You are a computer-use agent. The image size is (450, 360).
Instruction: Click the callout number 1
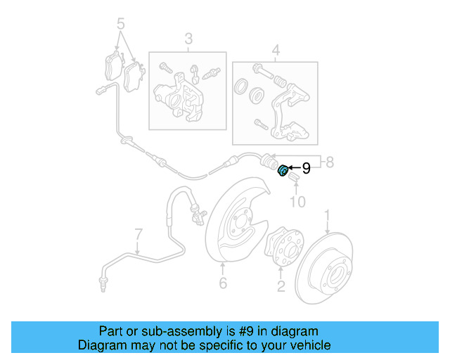pos(327,214)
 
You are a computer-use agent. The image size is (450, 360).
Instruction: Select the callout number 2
pos(281,285)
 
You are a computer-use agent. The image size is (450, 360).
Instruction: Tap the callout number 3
pos(188,39)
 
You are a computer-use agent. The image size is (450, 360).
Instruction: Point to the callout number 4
pos(276,50)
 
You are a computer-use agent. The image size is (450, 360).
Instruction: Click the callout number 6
pos(223,283)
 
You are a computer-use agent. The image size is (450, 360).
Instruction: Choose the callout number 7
pos(139,233)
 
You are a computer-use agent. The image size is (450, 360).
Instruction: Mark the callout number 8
pos(331,164)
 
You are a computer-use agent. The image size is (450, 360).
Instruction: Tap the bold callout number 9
pos(306,168)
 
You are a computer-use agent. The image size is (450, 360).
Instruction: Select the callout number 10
pos(298,202)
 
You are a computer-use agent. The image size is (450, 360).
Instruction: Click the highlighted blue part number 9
pos(283,170)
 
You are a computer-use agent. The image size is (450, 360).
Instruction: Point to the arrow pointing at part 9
pos(294,169)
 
